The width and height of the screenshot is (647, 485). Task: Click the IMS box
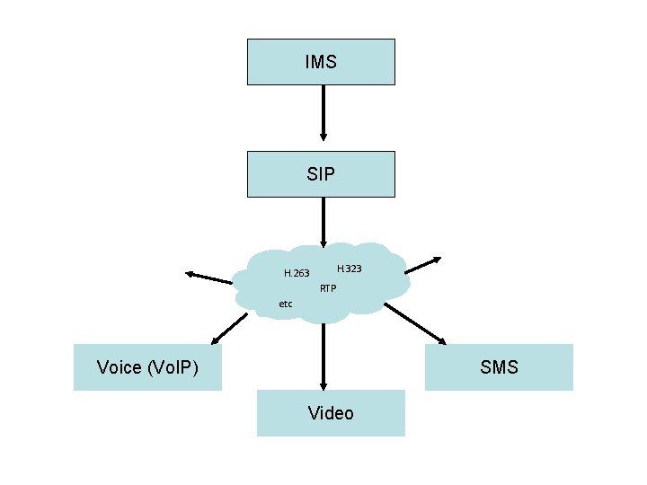click(321, 62)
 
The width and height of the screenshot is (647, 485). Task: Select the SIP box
click(321, 174)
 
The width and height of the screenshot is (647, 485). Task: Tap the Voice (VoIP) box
click(147, 367)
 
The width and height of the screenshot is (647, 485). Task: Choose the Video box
click(331, 413)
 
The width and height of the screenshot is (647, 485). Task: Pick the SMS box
click(499, 367)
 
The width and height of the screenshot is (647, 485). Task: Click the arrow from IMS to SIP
click(322, 117)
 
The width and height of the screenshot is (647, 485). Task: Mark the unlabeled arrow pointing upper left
click(208, 277)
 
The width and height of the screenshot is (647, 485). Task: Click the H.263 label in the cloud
click(297, 272)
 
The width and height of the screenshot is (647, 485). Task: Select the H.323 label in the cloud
click(350, 269)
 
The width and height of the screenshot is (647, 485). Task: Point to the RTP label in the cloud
click(328, 288)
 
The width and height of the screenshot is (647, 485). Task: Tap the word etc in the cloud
click(286, 304)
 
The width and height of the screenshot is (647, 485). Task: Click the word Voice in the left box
click(120, 367)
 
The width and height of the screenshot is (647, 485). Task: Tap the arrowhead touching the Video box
click(322, 384)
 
